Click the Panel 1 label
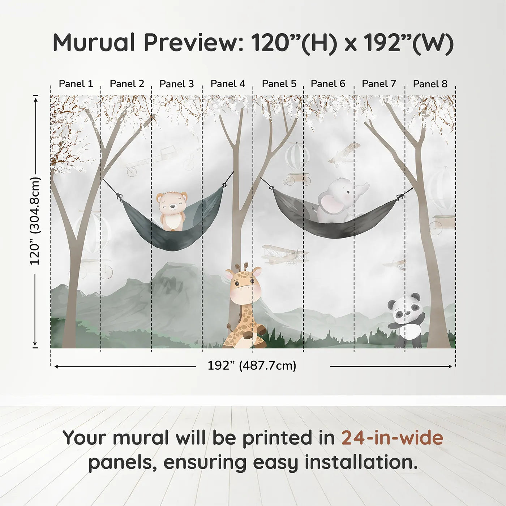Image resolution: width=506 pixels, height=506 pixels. pos(76,84)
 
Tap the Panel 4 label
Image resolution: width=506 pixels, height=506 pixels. pos(228,84)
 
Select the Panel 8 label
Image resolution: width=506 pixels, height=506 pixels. pos(430,84)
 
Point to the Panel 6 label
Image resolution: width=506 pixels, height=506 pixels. pos(328,84)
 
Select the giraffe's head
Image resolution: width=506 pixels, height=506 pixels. pos(243,283)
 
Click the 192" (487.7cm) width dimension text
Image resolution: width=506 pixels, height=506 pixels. pos(252,366)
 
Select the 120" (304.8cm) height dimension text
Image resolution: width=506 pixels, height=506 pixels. pos(35,221)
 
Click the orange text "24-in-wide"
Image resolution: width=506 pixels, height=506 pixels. pos(392,438)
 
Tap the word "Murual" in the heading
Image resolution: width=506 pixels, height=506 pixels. pos(94,43)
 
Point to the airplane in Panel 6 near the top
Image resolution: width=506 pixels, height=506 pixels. pos(344,154)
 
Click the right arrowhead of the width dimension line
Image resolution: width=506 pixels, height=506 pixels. pos(450,366)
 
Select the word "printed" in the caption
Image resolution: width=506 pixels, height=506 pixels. pos(278,438)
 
